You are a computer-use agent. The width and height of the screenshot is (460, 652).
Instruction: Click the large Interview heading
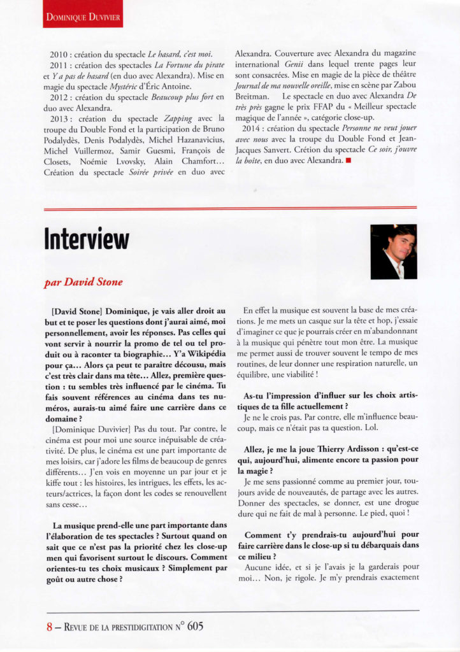[87, 239]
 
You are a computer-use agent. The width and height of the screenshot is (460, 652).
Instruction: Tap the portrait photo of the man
[393, 252]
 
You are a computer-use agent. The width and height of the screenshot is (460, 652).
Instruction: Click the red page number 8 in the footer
[48, 626]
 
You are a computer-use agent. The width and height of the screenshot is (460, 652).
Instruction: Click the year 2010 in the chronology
[59, 55]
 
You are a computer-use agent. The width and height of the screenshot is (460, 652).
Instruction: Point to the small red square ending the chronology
[348, 160]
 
